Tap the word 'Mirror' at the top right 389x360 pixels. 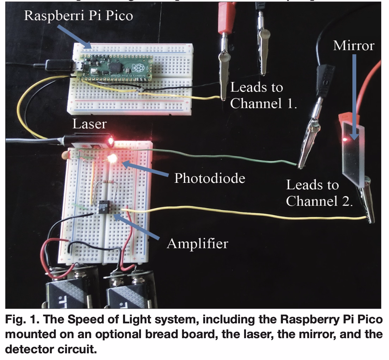(353, 45)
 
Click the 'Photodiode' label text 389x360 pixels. (210, 178)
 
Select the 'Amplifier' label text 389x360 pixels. (197, 243)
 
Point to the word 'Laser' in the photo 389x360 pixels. (89, 124)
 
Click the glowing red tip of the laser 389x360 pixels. (110, 142)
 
